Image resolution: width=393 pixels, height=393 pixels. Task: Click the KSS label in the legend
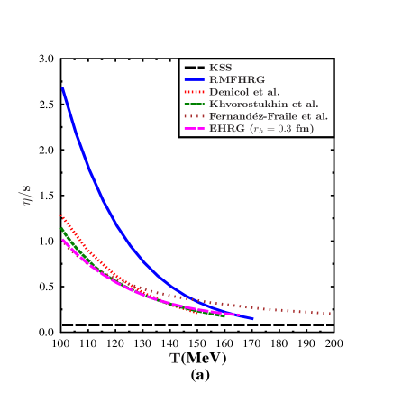[x=220, y=68]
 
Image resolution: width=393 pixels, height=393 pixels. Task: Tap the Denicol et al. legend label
[x=244, y=92]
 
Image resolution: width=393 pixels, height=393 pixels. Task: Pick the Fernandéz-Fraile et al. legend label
[x=269, y=116]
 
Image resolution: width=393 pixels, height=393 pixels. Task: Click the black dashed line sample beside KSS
[x=194, y=68]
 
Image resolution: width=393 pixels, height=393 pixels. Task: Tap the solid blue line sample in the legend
[x=194, y=79]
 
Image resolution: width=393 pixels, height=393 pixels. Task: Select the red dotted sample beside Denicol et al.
[x=194, y=92]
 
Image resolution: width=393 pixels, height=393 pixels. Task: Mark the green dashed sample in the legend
[x=194, y=104]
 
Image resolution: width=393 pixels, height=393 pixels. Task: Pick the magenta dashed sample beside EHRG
[x=194, y=129]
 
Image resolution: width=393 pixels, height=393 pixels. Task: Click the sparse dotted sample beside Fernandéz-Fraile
[x=194, y=116]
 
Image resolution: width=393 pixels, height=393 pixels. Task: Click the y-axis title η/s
[x=28, y=196]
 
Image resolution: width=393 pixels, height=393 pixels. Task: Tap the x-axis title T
[x=175, y=359]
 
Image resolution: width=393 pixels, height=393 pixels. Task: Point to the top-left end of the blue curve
[x=62, y=88]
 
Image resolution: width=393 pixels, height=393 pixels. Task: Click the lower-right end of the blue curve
[x=252, y=319]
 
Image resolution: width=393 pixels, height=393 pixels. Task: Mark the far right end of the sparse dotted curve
[x=331, y=314]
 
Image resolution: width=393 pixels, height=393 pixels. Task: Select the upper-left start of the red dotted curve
[x=60, y=215]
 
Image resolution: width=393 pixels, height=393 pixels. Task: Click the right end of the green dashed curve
[x=224, y=317]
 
